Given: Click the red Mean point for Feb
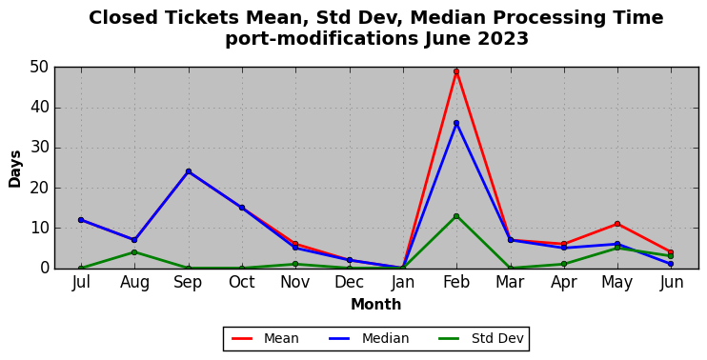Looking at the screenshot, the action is click(456, 71).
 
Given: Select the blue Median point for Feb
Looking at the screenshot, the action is click(456, 123).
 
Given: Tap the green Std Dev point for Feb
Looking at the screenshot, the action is click(456, 216).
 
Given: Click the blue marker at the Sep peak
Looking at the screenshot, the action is click(189, 171).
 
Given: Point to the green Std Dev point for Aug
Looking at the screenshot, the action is click(134, 252).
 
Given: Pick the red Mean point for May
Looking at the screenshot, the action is click(617, 224).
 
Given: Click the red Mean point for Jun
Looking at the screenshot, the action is click(671, 252).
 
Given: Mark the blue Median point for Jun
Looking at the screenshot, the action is click(671, 264).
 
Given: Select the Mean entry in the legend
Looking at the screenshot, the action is click(265, 338).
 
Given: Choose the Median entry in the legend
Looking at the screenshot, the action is click(370, 338).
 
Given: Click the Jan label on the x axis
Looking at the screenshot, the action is click(403, 283).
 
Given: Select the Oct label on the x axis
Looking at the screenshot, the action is click(242, 283).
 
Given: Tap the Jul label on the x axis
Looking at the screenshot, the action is click(81, 283).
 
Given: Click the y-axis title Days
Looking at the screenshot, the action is click(15, 169).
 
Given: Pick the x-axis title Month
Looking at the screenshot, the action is click(376, 305).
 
